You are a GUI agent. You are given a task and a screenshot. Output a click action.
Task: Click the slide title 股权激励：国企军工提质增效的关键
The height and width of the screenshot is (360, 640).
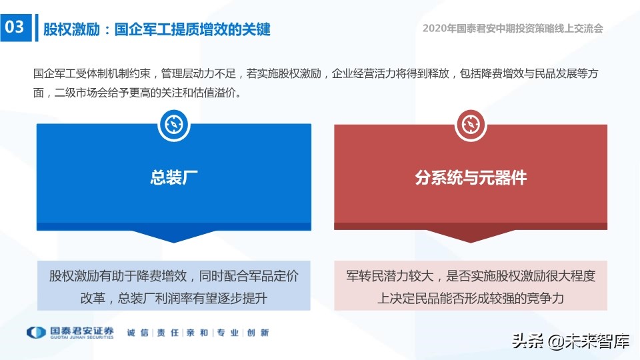[x=157, y=29]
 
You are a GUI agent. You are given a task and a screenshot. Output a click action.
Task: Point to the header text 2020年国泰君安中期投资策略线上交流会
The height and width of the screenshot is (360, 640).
[x=513, y=29]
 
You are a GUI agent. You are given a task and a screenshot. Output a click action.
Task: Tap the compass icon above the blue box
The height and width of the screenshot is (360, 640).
[x=173, y=125]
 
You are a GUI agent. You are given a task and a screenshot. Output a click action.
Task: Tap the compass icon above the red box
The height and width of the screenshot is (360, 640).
[x=471, y=125]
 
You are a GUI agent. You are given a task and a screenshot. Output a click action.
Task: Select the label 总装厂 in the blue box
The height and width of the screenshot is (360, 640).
[x=173, y=177]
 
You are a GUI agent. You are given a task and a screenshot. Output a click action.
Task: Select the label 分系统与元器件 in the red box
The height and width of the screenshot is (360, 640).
[x=471, y=177]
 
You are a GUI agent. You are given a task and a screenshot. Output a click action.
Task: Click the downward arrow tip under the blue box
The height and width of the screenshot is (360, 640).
[x=173, y=241]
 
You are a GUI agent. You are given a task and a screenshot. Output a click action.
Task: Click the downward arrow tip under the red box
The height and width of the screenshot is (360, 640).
[x=471, y=241]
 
